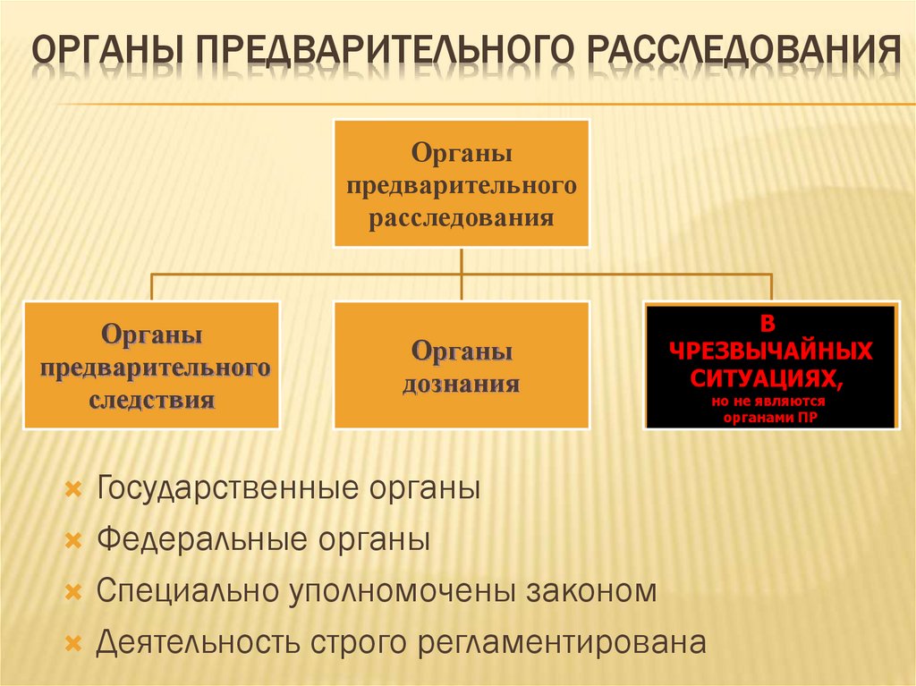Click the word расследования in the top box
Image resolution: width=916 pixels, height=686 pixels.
click(462, 217)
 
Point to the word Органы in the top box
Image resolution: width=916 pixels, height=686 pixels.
click(462, 153)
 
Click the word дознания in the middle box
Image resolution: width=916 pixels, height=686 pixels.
click(462, 385)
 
